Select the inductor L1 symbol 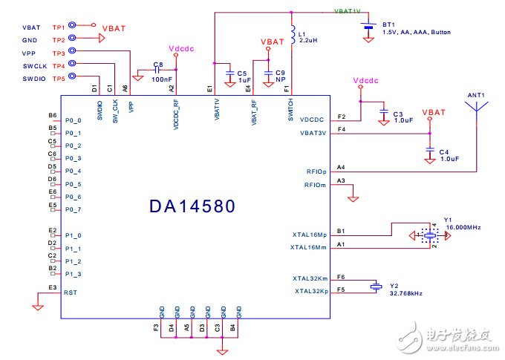point(292,35)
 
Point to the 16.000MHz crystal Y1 point(429,236)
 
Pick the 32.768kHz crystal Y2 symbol point(377,286)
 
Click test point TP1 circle point(73,25)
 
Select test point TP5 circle point(73,79)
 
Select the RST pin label point(71,293)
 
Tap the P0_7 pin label point(74,210)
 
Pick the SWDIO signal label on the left point(33,79)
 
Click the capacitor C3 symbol point(383,113)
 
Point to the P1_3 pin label point(74,274)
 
